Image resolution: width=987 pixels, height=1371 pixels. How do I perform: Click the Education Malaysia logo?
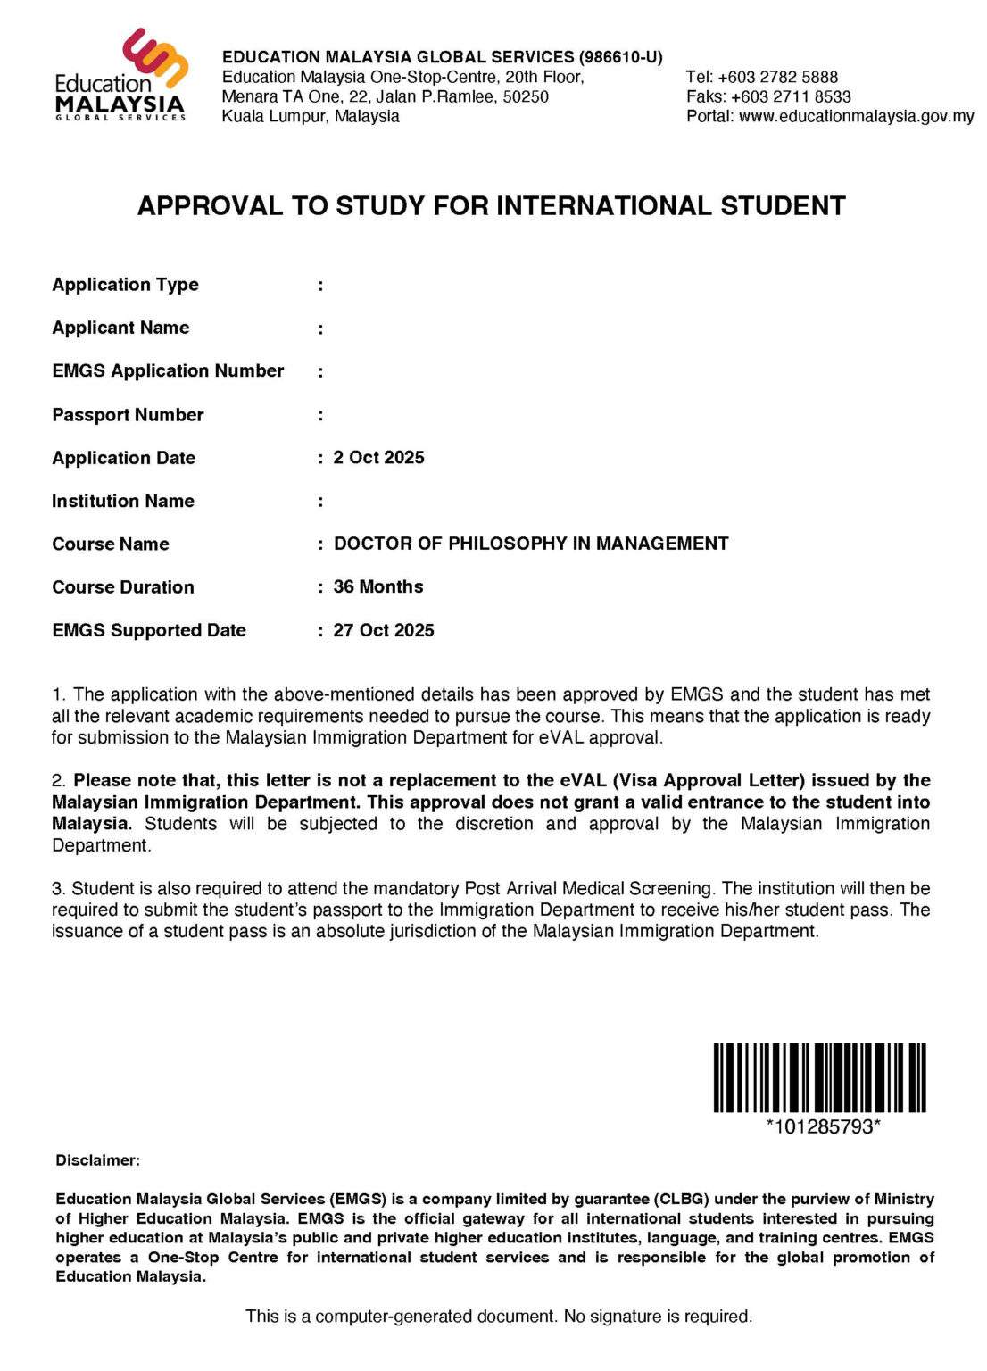click(121, 75)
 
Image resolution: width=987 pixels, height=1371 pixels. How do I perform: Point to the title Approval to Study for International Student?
click(491, 206)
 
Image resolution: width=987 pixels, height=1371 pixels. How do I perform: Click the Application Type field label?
click(125, 285)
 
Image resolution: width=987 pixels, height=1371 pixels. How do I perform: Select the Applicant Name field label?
click(120, 328)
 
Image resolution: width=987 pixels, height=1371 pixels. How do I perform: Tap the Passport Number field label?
click(128, 415)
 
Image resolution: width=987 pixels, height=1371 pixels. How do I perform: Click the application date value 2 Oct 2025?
click(378, 458)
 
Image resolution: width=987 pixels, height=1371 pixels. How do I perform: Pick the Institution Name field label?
click(123, 501)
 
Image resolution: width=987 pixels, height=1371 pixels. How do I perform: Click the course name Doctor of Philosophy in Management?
click(531, 544)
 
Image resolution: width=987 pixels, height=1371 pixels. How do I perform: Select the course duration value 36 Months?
click(378, 586)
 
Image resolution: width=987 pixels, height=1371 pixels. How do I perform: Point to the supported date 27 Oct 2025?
click(384, 630)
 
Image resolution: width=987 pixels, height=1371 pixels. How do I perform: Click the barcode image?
click(819, 1077)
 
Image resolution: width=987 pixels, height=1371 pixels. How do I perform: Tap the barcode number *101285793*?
click(823, 1126)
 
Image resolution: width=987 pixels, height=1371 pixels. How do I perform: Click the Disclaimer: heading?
click(98, 1160)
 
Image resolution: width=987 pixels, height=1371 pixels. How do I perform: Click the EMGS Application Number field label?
click(168, 370)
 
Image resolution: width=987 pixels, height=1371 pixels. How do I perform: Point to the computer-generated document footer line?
click(499, 1316)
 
